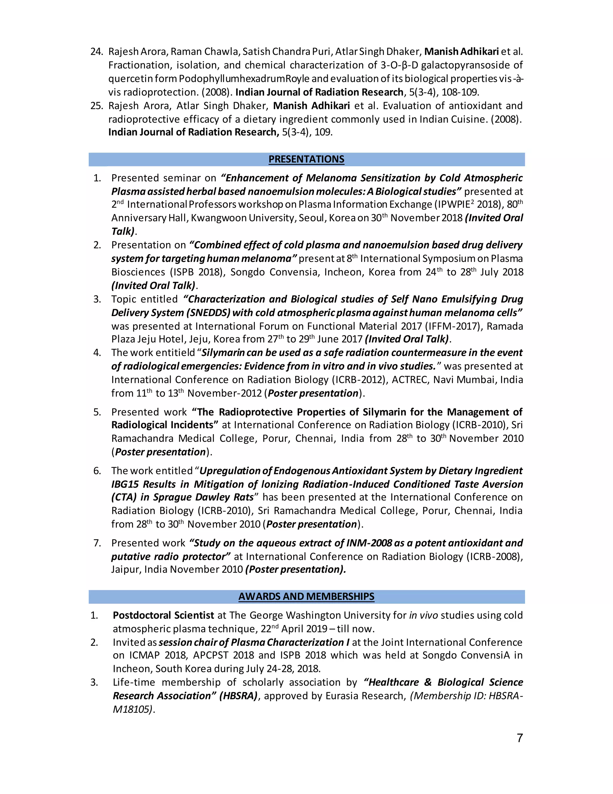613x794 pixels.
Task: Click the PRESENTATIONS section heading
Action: pyautogui.click(x=306, y=159)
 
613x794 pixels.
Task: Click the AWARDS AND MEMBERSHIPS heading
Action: pyautogui.click(x=306, y=597)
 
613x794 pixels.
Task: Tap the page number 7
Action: pyautogui.click(x=520, y=738)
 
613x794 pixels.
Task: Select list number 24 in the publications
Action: pyautogui.click(x=96, y=52)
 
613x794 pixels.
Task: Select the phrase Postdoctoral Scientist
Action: pyautogui.click(x=163, y=615)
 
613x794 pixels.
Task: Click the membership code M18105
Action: pyautogui.click(x=132, y=709)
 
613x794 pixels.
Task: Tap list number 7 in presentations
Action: pyautogui.click(x=97, y=543)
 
